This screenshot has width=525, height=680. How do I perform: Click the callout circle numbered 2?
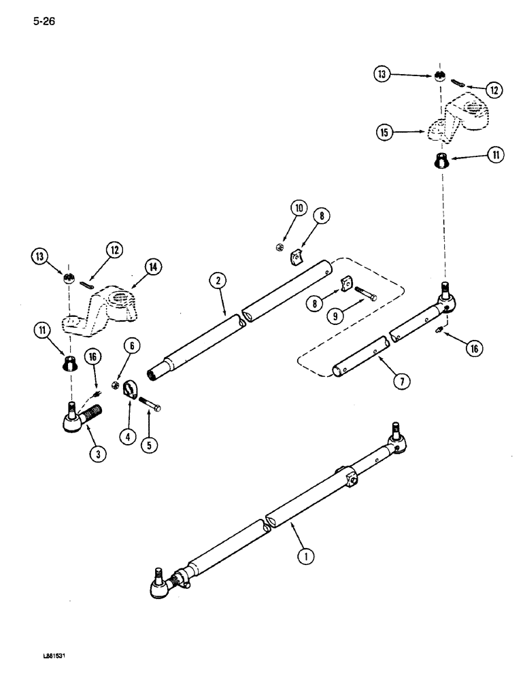tap(218, 280)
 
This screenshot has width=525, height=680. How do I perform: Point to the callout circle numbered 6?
tap(132, 345)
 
